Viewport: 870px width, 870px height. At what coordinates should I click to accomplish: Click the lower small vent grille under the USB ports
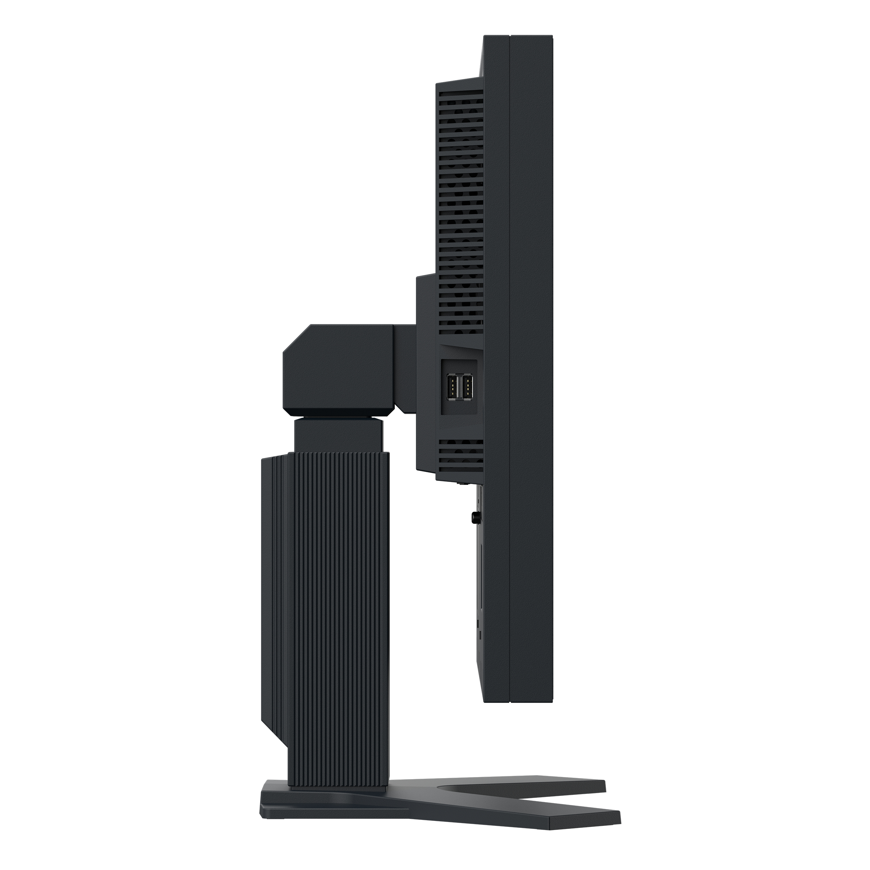(459, 454)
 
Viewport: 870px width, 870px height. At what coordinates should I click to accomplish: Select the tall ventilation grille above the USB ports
(459, 207)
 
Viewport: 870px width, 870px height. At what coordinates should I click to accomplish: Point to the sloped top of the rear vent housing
(459, 81)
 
